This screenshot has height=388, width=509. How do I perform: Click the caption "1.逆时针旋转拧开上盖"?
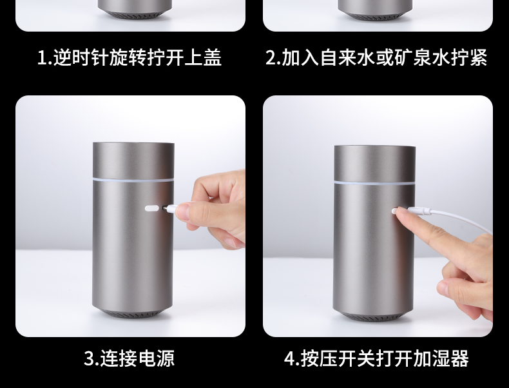coord(130,57)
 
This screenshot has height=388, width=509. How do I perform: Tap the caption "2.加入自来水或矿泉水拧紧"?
coord(376,57)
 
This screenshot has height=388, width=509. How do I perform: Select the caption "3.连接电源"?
coord(130,358)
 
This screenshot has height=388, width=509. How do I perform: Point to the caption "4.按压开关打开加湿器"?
coord(376,358)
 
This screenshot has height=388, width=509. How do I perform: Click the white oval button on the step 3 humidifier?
coord(151,208)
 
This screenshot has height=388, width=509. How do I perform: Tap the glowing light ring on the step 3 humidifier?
coord(133,179)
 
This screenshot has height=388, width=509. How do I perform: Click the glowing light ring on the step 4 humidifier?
coord(374,183)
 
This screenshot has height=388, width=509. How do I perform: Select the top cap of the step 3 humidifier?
coord(133,160)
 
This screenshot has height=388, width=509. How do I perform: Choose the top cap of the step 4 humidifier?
coord(374,164)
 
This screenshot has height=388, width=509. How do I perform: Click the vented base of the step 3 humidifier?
coord(133,313)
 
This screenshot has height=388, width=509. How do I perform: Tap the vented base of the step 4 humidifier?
coord(374,316)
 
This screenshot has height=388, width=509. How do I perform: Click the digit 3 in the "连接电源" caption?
coord(89,358)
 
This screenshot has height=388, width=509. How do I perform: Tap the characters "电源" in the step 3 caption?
coord(157,358)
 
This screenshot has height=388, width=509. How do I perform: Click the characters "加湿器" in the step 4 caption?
coord(441,358)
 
